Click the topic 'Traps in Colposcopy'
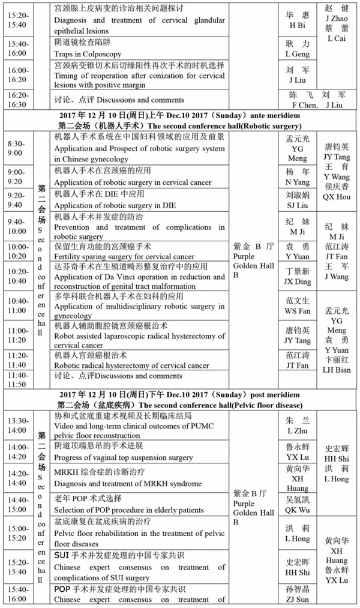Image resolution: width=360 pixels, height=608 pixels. click(x=88, y=53)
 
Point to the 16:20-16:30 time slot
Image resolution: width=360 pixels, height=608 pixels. click(x=18, y=100)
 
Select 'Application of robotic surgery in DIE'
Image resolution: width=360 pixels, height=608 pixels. click(x=113, y=205)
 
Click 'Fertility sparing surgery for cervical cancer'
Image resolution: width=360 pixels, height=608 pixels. click(x=124, y=256)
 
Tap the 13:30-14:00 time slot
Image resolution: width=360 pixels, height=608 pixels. click(x=18, y=426)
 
